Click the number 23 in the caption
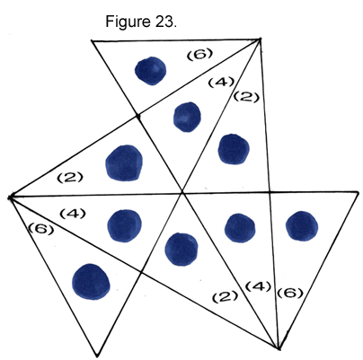(x=164, y=22)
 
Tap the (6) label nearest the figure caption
(x=200, y=55)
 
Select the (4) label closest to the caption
(x=221, y=82)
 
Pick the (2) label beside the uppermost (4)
(x=246, y=96)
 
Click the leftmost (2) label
(x=70, y=178)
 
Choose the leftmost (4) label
(x=73, y=214)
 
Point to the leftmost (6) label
(x=41, y=229)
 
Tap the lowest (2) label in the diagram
(x=226, y=296)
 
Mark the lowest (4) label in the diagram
(x=258, y=286)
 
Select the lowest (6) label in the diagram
(x=290, y=293)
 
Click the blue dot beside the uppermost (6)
(x=150, y=71)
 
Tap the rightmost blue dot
(x=302, y=226)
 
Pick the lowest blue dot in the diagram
(x=91, y=282)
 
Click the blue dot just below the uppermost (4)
(x=187, y=117)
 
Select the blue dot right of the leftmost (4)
(x=124, y=225)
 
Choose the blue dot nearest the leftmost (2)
(x=124, y=163)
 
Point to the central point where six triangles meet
(x=181, y=193)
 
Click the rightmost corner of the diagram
(x=359, y=192)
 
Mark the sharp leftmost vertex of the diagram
(x=10, y=198)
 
